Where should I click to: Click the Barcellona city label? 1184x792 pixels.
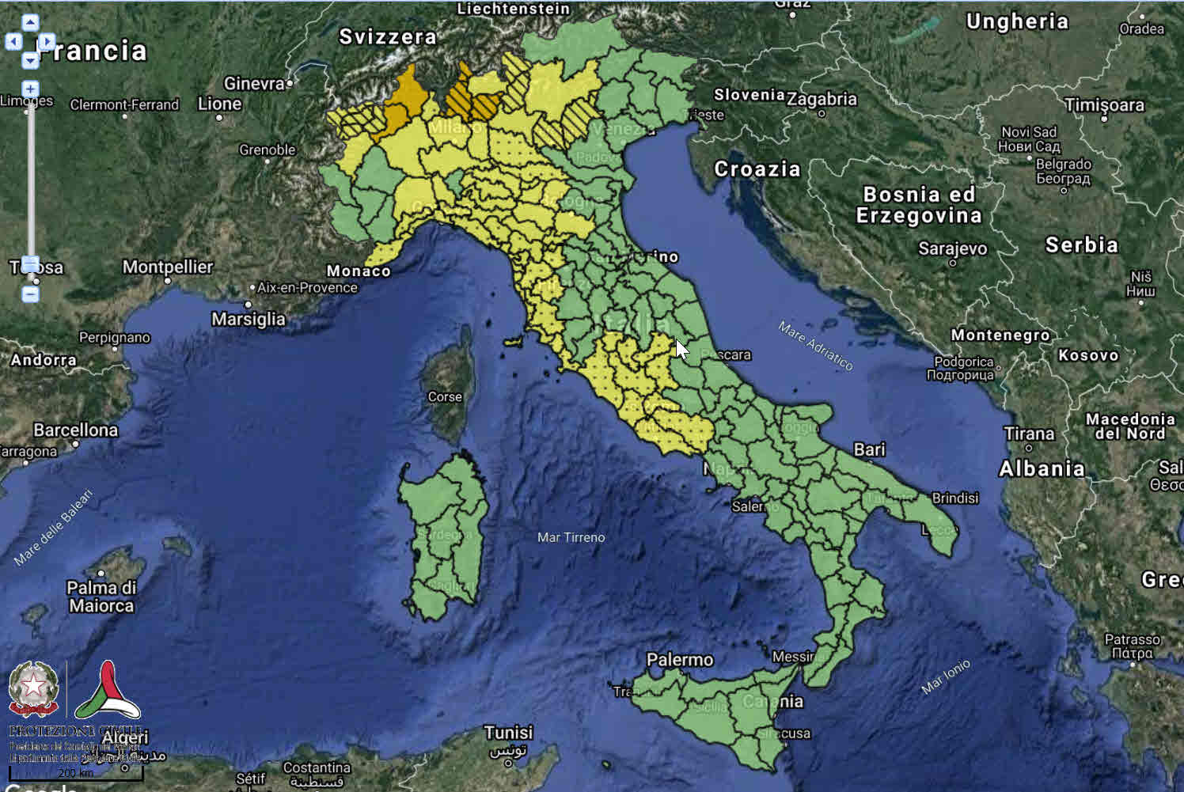coord(75,430)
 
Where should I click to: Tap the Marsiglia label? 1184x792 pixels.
coord(248,319)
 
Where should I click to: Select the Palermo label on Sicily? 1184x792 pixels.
coord(679,660)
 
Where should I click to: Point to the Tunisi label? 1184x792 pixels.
coord(508,733)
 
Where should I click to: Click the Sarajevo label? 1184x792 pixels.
coord(952,248)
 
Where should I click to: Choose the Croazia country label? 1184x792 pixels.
coord(757,169)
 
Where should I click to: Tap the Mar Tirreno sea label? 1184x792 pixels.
coord(571,538)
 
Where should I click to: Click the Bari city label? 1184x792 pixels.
coord(869,449)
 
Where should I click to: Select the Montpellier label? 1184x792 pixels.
coord(167,267)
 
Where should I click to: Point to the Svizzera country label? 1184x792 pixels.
coord(387,37)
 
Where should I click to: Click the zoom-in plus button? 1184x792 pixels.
coord(30,89)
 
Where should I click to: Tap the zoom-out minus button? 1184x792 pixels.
coord(30,294)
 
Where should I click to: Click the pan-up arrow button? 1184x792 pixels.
coord(30,23)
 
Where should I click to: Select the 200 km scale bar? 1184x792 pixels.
coord(76,773)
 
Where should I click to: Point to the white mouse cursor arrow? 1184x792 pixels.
coord(681,349)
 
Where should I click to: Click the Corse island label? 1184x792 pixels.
coord(444,397)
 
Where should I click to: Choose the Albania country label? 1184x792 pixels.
coord(1041,468)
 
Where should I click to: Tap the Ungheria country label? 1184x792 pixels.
coord(1016,21)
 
